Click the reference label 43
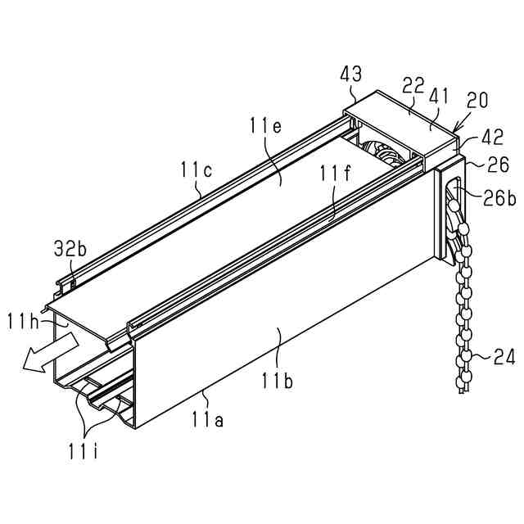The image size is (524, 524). (350, 75)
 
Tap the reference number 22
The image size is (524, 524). (413, 85)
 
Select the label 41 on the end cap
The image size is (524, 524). (440, 95)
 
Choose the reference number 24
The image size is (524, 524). (503, 356)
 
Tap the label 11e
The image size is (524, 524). (266, 126)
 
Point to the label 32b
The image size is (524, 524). (70, 249)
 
